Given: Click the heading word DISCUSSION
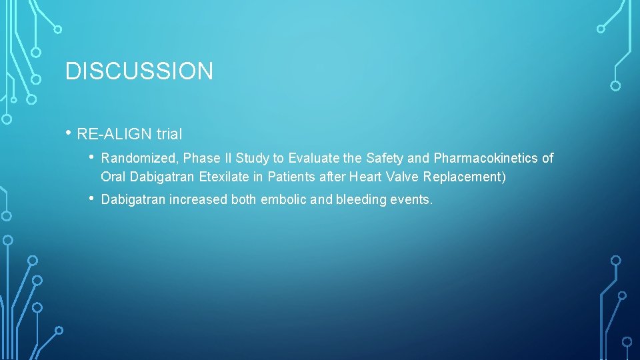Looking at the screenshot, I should (139, 71).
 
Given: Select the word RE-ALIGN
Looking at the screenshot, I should (115, 135).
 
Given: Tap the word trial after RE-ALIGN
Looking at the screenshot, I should (169, 135).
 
